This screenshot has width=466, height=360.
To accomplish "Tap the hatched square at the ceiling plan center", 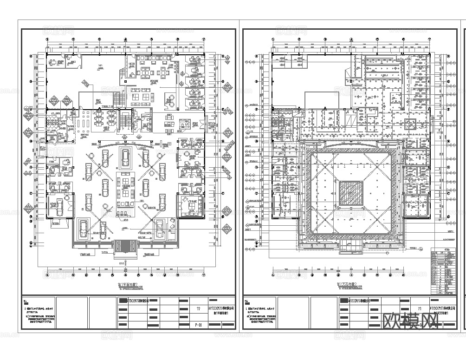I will coord(351,193).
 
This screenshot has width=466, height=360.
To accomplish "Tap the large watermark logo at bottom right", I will coord(412,321).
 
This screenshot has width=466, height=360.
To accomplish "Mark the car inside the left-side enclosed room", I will coord(59,206).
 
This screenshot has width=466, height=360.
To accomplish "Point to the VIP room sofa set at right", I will coord(190,205).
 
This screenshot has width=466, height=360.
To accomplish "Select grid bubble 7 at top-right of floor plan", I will coord(203,40).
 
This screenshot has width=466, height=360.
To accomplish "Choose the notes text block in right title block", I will coord(261,316).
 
